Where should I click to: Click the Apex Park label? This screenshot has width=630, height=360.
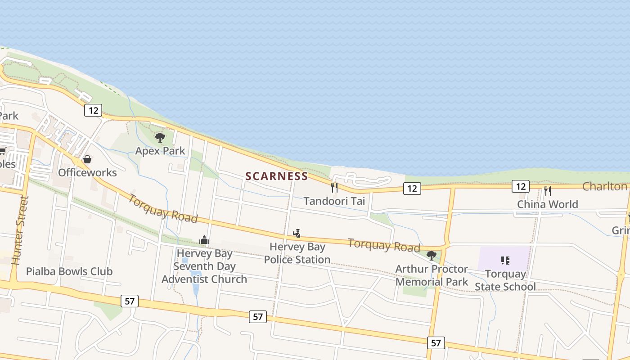click(160, 151)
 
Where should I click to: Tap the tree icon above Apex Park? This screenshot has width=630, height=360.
click(160, 137)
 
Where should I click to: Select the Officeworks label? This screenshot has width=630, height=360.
click(87, 172)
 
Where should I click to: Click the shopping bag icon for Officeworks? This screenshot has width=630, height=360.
click(87, 159)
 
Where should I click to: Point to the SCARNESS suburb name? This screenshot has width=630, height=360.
click(277, 176)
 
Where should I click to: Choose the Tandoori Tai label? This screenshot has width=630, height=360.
click(334, 201)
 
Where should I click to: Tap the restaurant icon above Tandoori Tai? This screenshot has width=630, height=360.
click(334, 187)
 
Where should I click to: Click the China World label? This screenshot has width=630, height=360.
click(547, 204)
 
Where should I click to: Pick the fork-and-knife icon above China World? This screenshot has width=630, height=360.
click(547, 191)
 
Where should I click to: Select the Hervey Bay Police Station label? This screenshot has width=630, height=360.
click(297, 253)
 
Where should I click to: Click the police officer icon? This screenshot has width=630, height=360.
click(297, 234)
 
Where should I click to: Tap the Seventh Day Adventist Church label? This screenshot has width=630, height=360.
click(204, 266)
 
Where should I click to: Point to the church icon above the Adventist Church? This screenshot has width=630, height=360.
click(204, 240)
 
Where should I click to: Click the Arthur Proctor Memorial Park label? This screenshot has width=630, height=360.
click(432, 275)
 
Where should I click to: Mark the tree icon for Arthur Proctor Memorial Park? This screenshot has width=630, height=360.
click(432, 256)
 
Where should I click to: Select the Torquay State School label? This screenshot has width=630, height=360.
click(505, 280)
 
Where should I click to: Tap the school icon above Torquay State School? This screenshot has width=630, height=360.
click(505, 261)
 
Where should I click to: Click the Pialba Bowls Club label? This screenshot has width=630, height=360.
click(69, 271)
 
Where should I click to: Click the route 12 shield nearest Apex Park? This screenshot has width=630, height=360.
click(93, 110)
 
